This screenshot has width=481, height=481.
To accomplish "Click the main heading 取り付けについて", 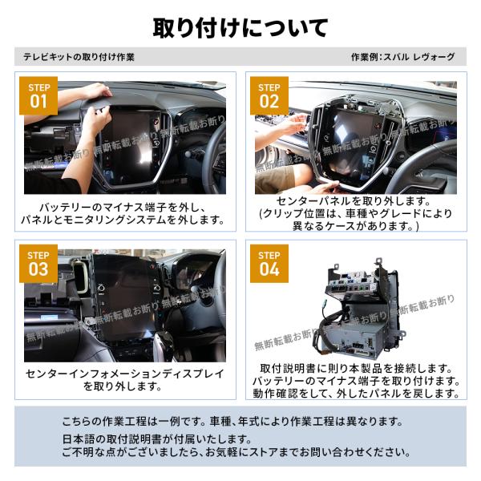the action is pyautogui.click(x=240, y=28).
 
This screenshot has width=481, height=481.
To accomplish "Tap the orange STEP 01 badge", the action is pyautogui.click(x=38, y=95).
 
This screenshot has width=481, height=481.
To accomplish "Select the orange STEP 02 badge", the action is pyautogui.click(x=269, y=95).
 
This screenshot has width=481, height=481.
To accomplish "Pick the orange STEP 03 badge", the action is pyautogui.click(x=38, y=264).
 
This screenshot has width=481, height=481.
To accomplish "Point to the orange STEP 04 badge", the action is pyautogui.click(x=269, y=264).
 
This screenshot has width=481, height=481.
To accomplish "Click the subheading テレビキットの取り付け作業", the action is pyautogui.click(x=79, y=57).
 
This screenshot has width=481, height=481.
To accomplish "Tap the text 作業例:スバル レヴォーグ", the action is pyautogui.click(x=402, y=57).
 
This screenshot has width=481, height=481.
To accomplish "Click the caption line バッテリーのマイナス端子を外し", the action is pyautogui.click(x=123, y=208).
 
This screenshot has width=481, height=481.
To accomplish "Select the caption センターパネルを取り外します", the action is pyautogui.click(x=354, y=201).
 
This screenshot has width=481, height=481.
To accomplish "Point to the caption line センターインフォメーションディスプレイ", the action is pyautogui.click(x=125, y=374).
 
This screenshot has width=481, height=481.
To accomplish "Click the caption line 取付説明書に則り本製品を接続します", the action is pyautogui.click(x=356, y=368).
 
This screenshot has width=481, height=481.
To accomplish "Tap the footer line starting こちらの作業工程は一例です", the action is pyautogui.click(x=232, y=421).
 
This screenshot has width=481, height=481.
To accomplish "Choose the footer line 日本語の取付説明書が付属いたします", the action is pyautogui.click(x=157, y=439).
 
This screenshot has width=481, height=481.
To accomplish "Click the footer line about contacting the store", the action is pyautogui.click(x=236, y=452).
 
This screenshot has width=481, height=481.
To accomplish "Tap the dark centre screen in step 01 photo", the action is pyautogui.click(x=131, y=144).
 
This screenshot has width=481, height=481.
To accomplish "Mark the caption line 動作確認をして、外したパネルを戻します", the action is pyautogui.click(x=356, y=394).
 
